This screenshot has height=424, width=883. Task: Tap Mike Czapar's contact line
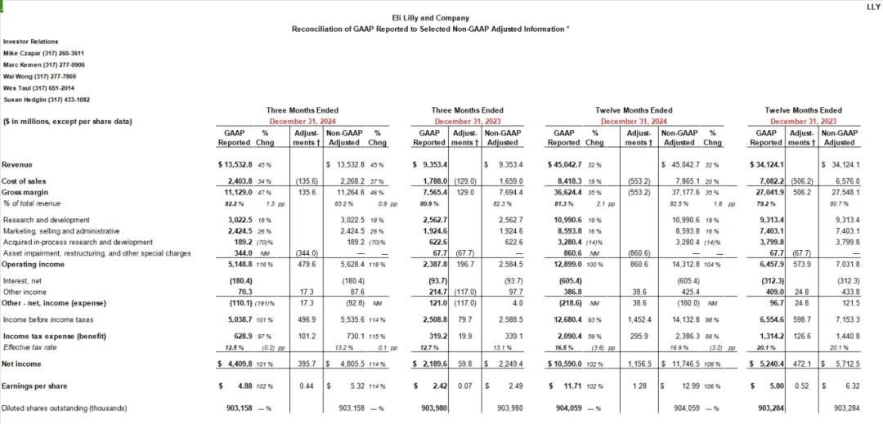tap(43, 52)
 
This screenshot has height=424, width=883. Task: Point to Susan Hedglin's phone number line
tap(47, 100)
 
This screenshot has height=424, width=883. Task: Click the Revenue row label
tap(17, 164)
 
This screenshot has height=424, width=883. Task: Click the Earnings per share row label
tap(34, 386)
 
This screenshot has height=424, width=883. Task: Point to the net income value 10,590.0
tap(569, 363)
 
